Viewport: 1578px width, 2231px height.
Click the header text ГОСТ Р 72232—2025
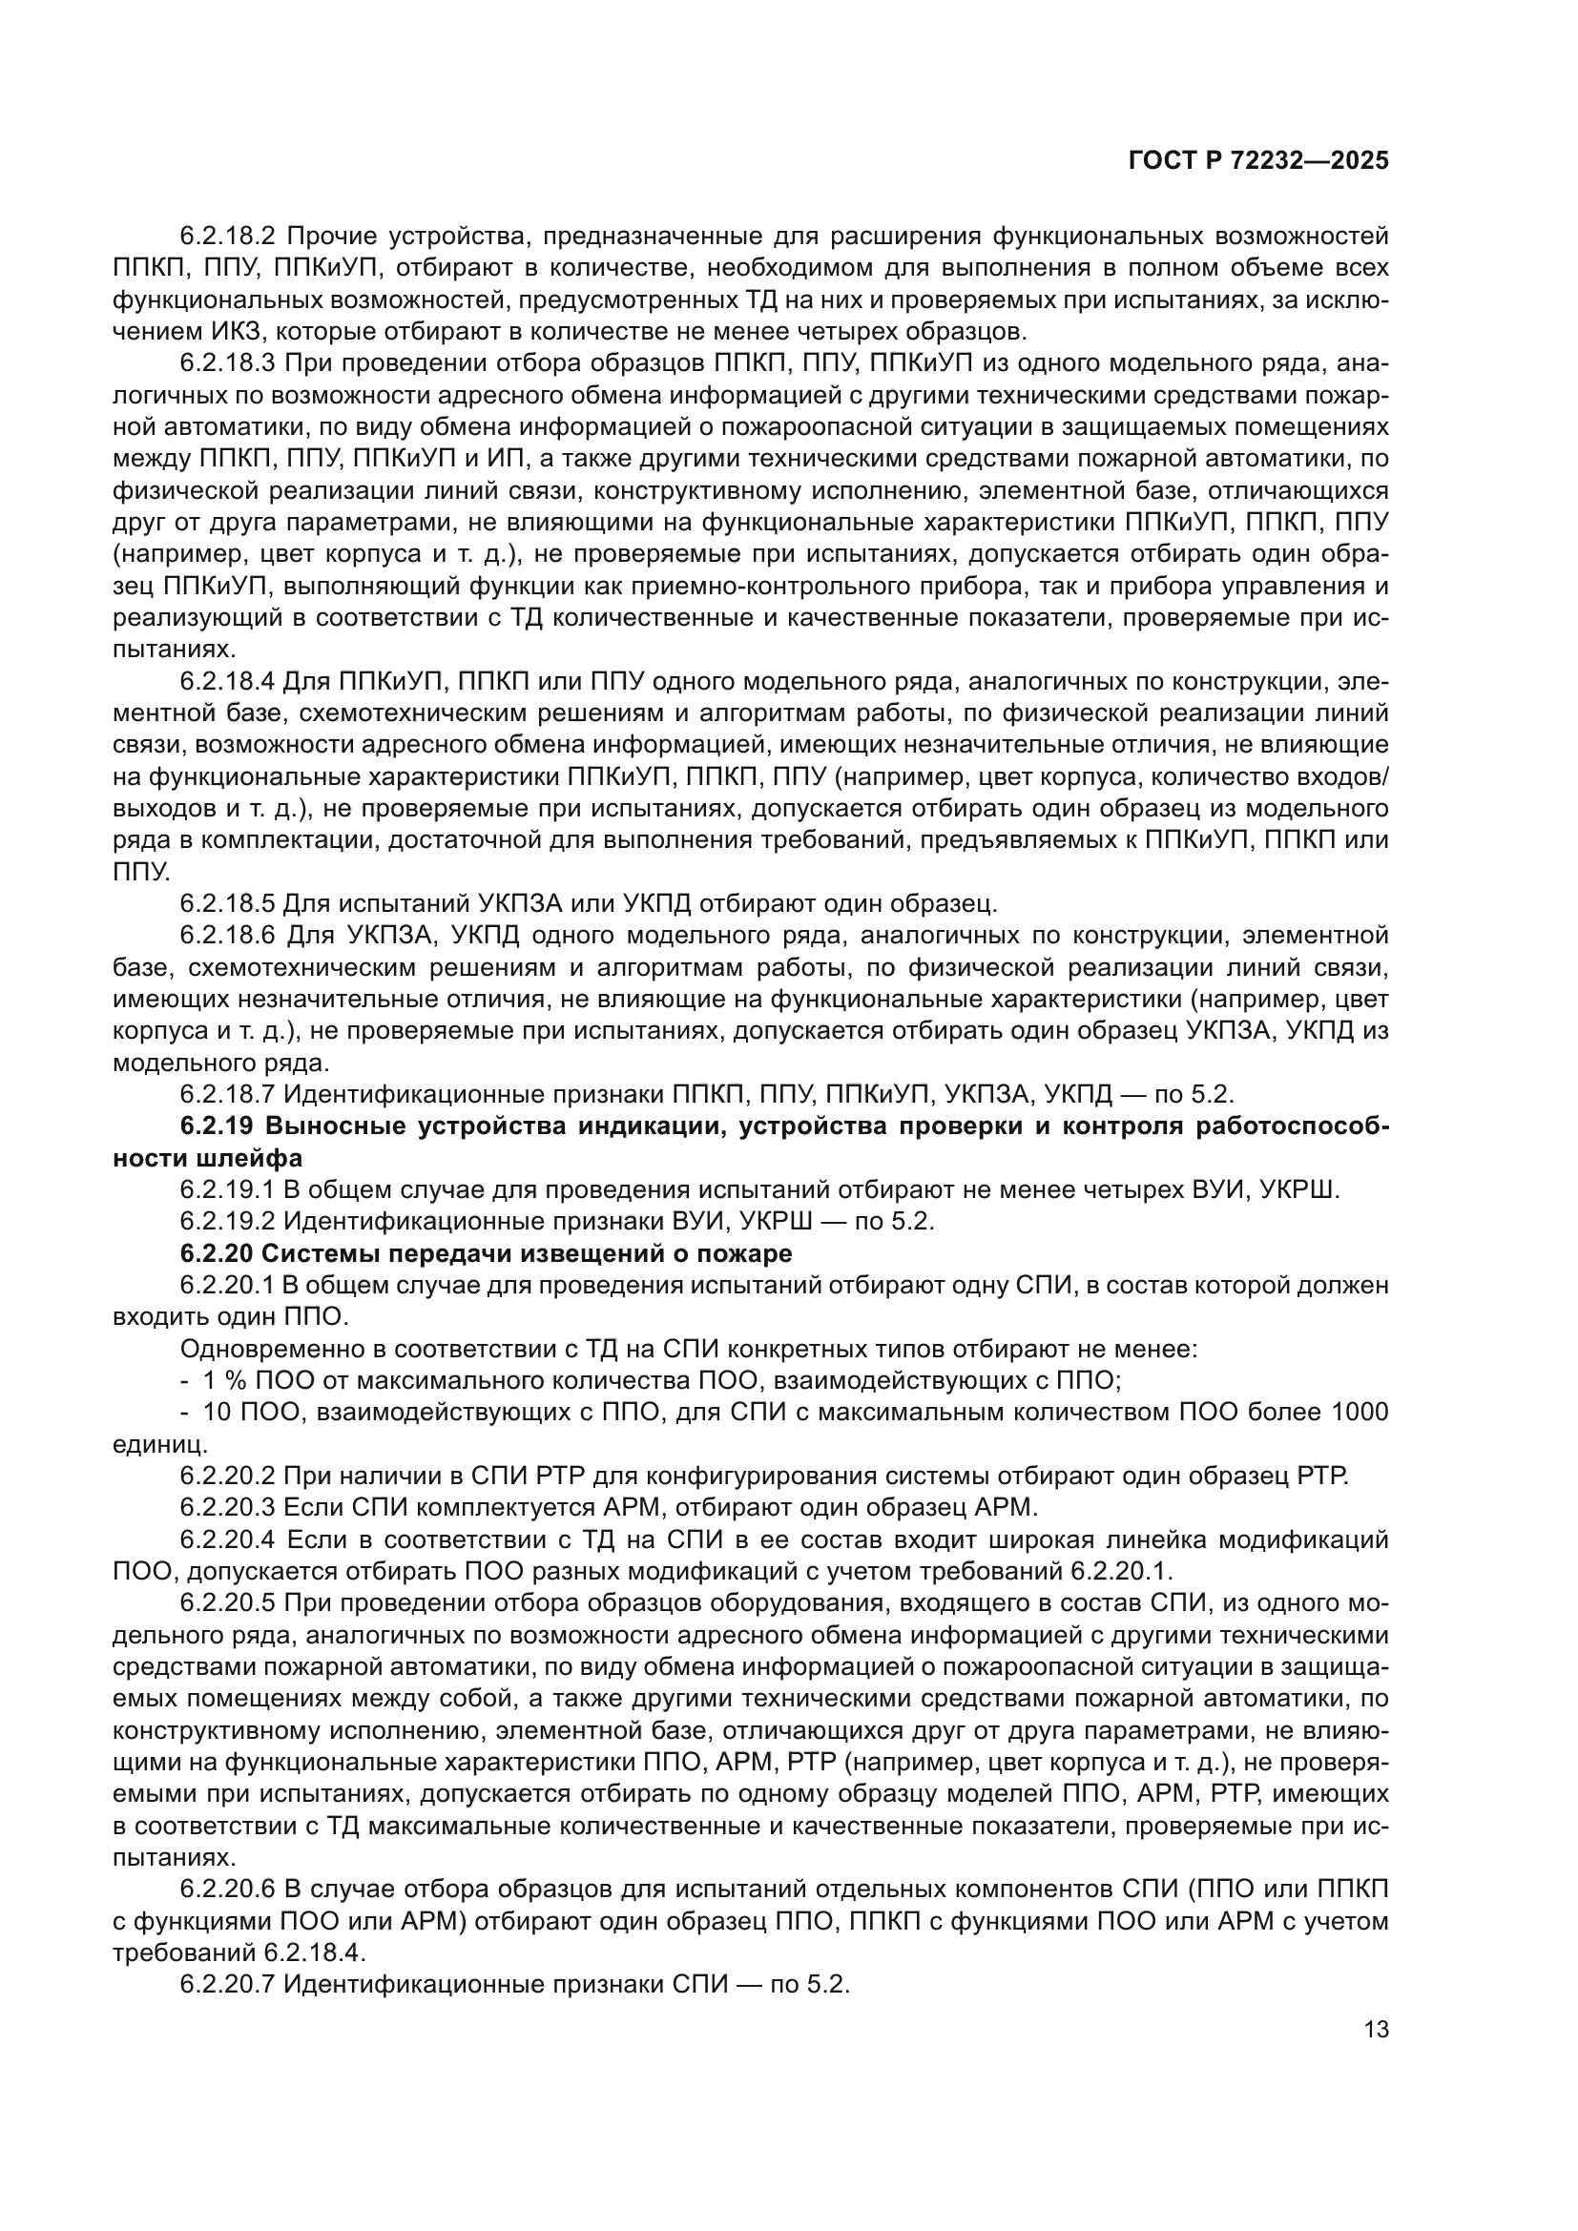coord(1258,161)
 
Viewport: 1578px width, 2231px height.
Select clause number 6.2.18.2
coord(228,237)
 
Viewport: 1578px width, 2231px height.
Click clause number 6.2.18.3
coord(228,363)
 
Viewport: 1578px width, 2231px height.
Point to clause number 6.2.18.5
coord(228,903)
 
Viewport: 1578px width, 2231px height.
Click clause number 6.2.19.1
coord(228,1190)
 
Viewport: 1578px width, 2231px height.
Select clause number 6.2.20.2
coord(228,1476)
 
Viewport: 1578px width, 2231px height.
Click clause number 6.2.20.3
coord(228,1508)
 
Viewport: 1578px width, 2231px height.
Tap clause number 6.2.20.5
coord(228,1603)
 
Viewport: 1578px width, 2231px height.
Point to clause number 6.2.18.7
coord(228,1094)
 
